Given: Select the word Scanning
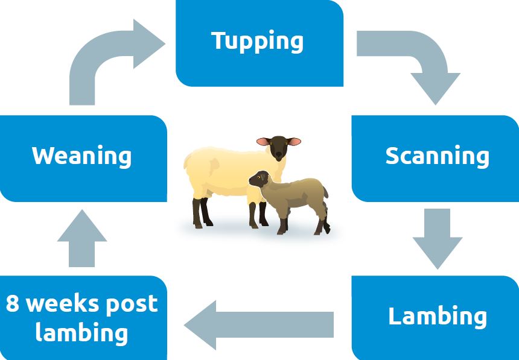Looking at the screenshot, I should coord(437,156).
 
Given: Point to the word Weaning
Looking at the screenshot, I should coord(81,156).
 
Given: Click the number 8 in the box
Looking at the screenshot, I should coord(13,303).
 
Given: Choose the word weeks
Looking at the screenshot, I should coord(63,303).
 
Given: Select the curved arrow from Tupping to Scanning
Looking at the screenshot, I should coord(416,60).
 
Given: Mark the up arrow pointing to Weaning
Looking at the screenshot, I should coord(82,238).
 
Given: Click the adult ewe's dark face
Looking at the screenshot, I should coord(278,147).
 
